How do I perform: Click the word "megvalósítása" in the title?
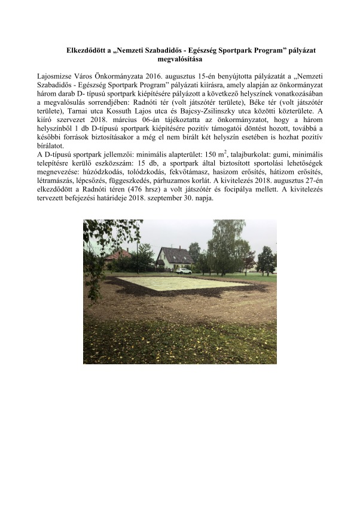coord(180,60)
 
